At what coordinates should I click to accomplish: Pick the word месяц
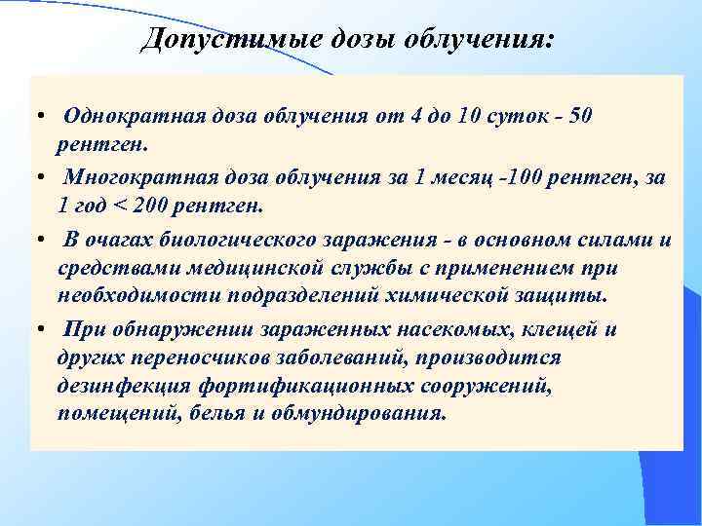pyautogui.click(x=446, y=177)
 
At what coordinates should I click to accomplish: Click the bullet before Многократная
pyautogui.click(x=37, y=178)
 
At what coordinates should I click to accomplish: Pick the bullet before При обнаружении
pyautogui.click(x=37, y=330)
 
